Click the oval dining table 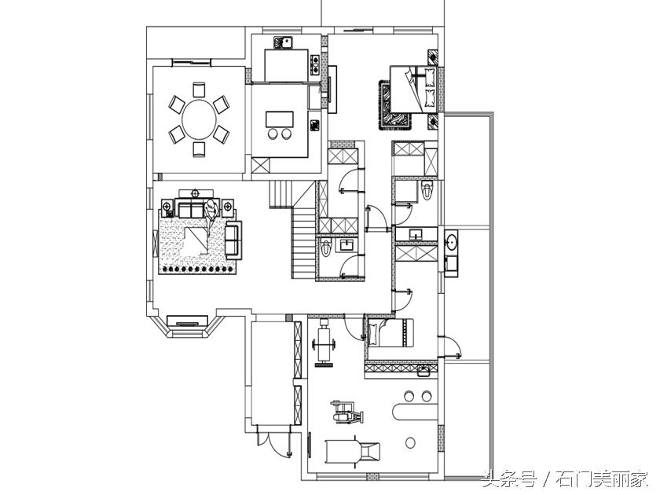pyautogui.click(x=199, y=119)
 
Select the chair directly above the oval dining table pyautogui.click(x=199, y=90)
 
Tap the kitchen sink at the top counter pyautogui.click(x=284, y=43)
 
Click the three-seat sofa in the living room pyautogui.click(x=192, y=210)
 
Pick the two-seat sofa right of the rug pyautogui.click(x=233, y=240)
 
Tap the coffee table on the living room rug pyautogui.click(x=196, y=240)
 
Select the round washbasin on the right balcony pyautogui.click(x=452, y=243)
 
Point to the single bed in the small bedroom pyautogui.click(x=390, y=333)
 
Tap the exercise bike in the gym pyautogui.click(x=346, y=412)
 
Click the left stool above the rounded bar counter pyautogui.click(x=409, y=396)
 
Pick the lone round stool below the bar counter pyautogui.click(x=410, y=443)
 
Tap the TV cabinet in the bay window pyautogui.click(x=188, y=321)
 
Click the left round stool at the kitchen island pyautogui.click(x=273, y=134)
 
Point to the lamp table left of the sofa pyautogui.click(x=167, y=207)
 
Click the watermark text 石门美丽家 pyautogui.click(x=603, y=480)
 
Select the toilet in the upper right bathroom pyautogui.click(x=427, y=190)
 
